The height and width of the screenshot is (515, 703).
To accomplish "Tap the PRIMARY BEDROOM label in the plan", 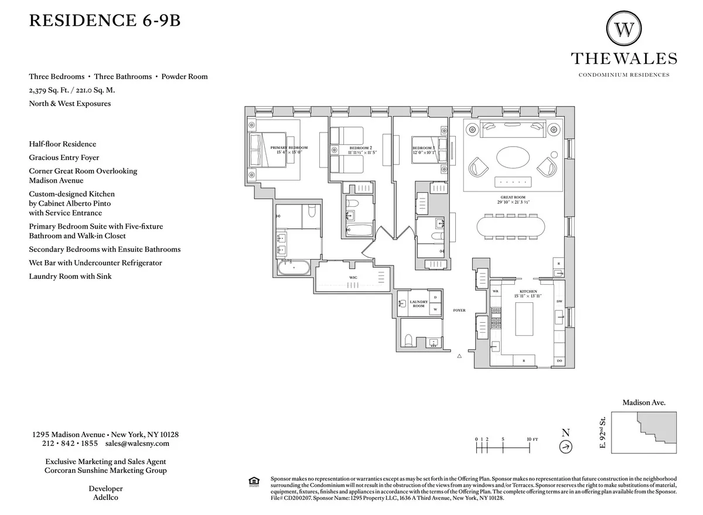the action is tap(288, 148).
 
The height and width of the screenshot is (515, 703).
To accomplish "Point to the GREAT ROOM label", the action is tap(513, 197).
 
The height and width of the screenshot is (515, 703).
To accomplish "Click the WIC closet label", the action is tap(353, 277).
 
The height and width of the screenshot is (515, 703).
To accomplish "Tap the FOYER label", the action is tap(459, 310).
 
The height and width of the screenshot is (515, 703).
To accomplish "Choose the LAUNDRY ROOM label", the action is tap(418, 303).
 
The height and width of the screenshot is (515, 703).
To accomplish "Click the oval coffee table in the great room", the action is tap(514, 156).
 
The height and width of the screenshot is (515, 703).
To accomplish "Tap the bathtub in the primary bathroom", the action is tap(294, 268).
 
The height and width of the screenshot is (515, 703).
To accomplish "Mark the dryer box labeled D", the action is tap(435, 298).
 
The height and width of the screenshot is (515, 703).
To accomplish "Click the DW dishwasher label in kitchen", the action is tap(559, 301).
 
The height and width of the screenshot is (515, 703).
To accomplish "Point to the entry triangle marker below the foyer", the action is tap(460, 356).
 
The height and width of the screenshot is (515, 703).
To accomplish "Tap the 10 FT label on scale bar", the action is tap(533, 439).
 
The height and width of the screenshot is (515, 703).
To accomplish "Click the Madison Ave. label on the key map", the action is tap(644, 403).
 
